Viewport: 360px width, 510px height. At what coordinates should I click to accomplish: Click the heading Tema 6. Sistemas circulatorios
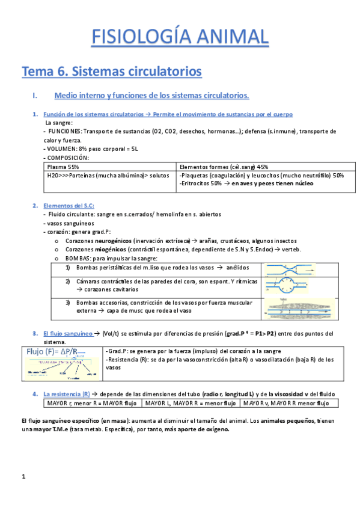[112, 72]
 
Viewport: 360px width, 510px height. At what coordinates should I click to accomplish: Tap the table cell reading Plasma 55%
[63, 167]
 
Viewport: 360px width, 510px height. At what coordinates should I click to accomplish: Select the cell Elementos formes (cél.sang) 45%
[224, 167]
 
